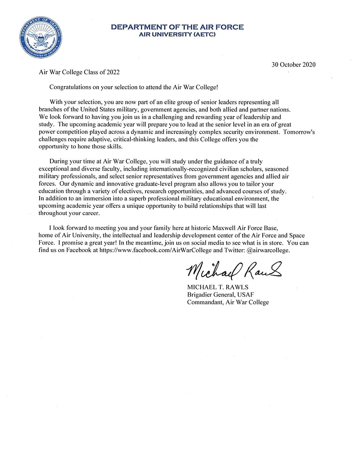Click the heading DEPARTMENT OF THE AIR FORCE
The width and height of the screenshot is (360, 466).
178,27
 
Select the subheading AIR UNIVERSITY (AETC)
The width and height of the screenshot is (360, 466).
178,35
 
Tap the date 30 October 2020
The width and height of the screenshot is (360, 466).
294,64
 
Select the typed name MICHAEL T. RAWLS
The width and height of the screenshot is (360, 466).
218,288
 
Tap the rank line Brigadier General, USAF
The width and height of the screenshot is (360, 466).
221,295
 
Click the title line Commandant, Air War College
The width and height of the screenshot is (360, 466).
228,302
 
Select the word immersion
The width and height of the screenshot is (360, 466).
94,199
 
